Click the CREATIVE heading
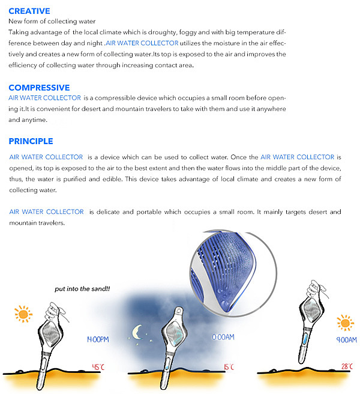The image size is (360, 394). (29, 11)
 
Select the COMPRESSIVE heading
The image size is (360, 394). (39, 88)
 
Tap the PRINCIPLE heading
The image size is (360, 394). (31, 141)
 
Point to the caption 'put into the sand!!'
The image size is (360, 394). (82, 289)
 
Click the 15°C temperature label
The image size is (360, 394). (227, 366)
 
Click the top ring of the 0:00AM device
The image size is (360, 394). (178, 311)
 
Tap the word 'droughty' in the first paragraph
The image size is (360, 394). (159, 32)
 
